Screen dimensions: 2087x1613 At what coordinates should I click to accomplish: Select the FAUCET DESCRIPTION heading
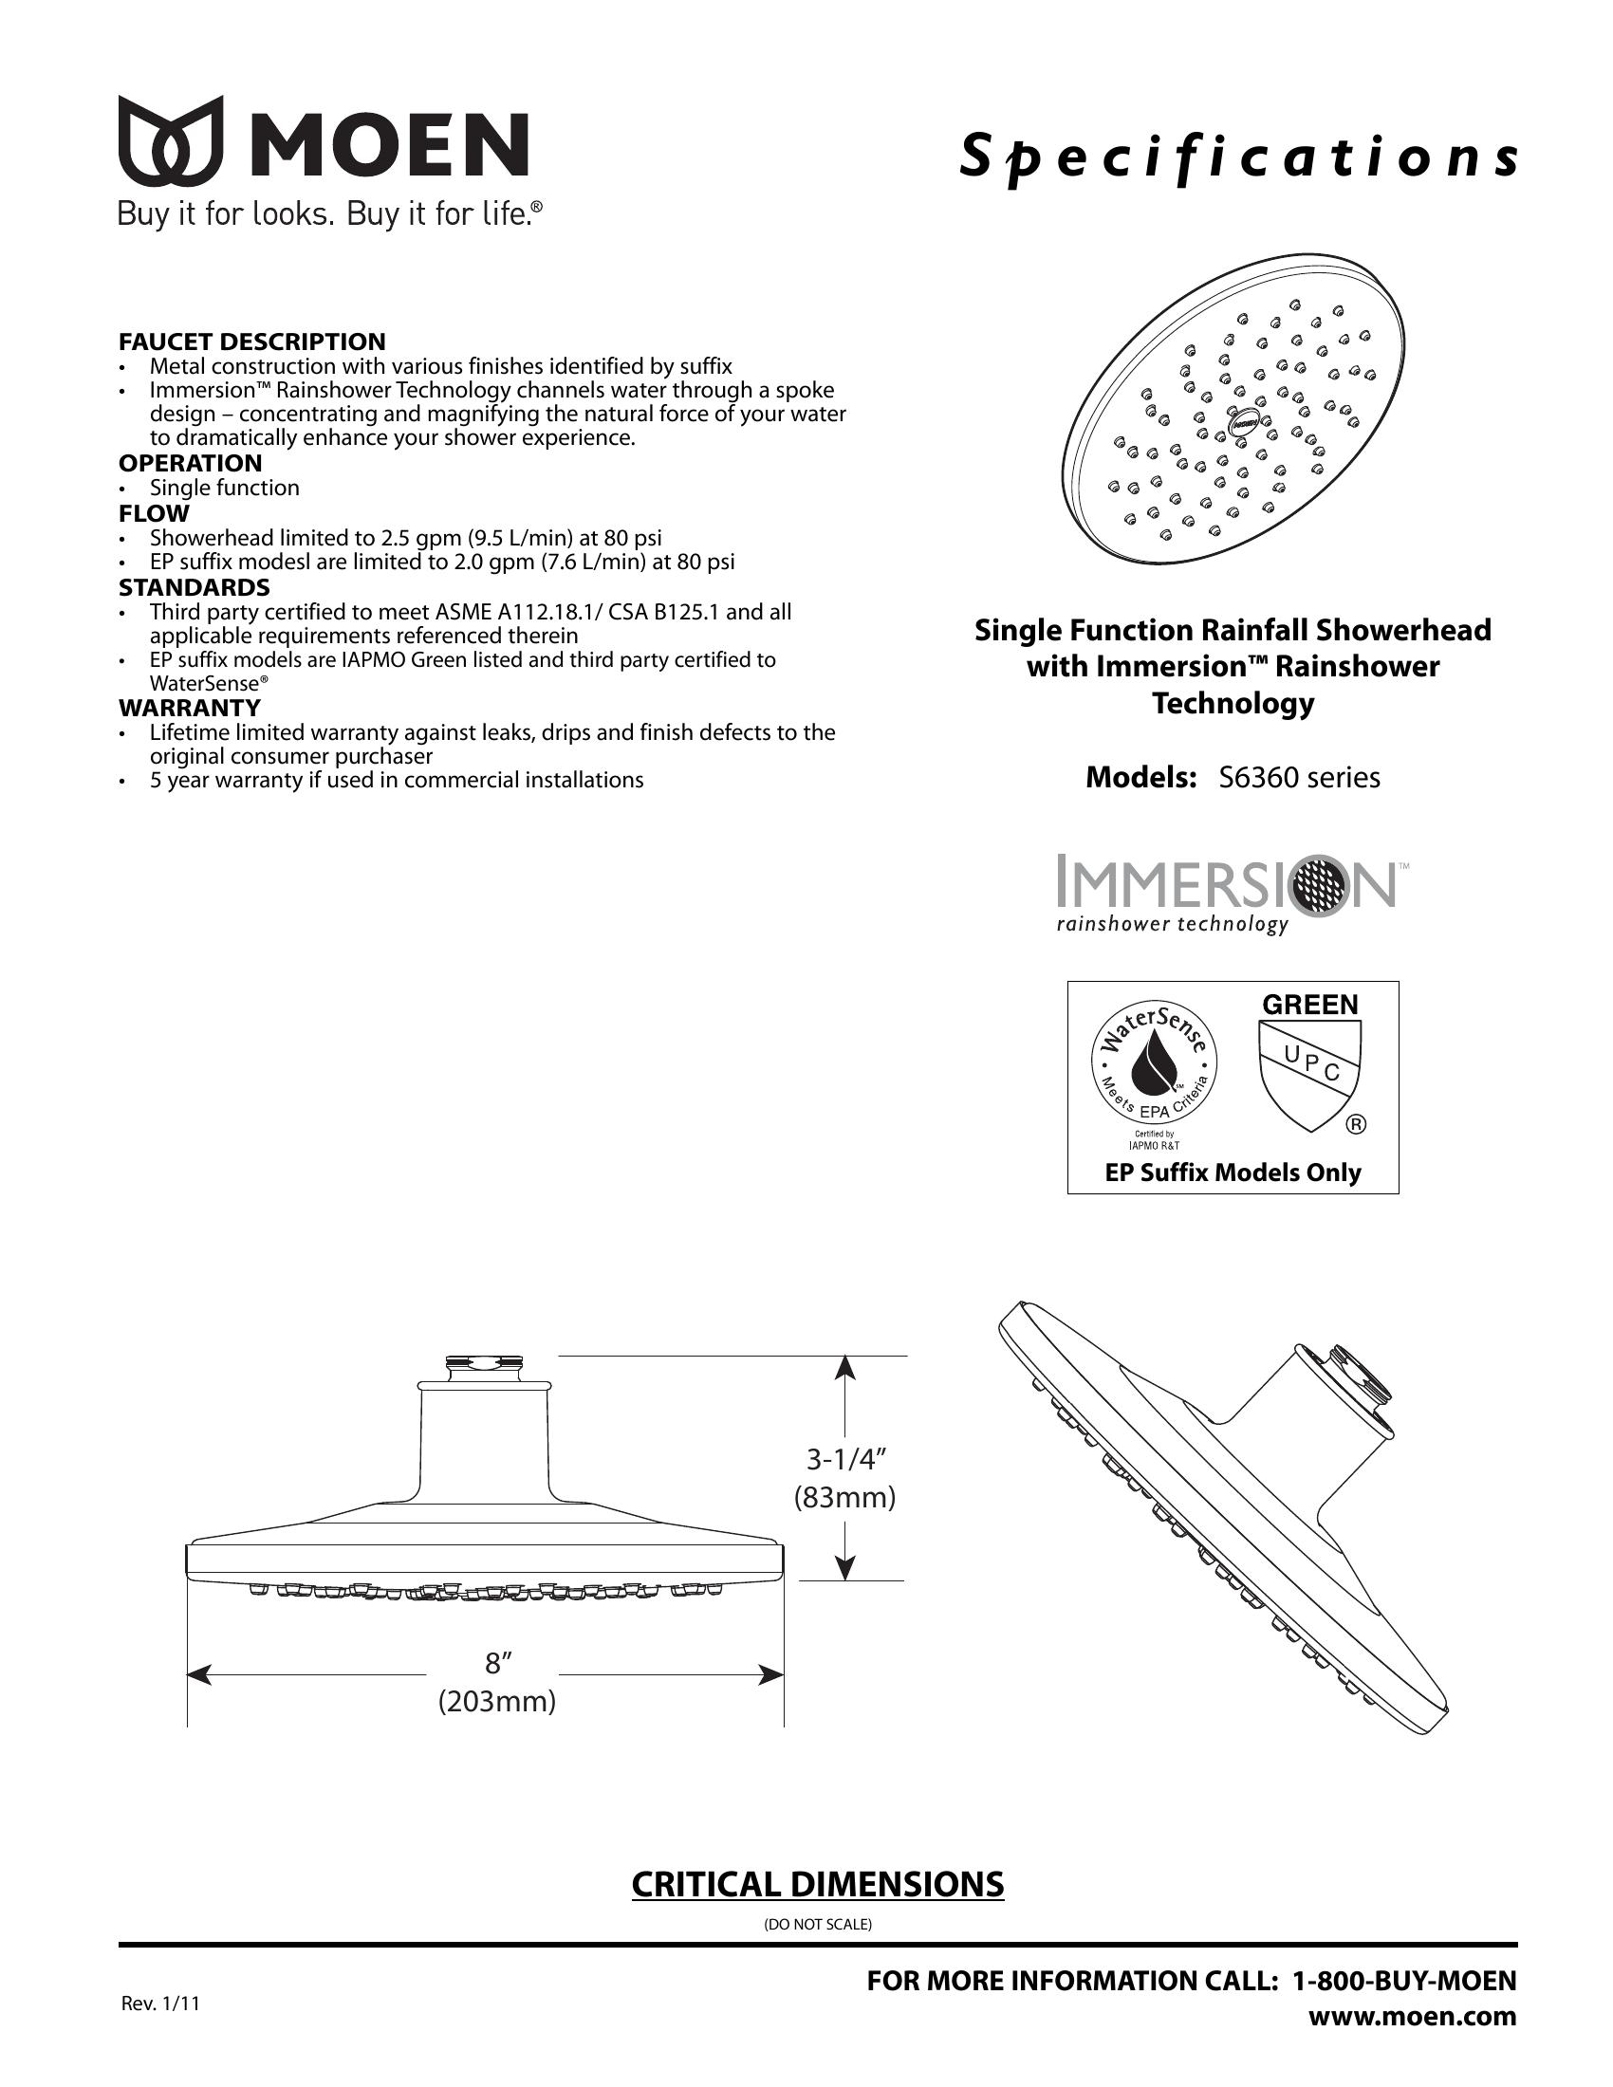click(x=252, y=342)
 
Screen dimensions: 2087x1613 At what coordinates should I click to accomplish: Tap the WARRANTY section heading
click(x=189, y=708)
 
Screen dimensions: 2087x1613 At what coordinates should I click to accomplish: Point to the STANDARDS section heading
click(x=194, y=586)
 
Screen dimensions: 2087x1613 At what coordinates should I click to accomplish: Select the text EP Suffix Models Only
click(x=1233, y=1173)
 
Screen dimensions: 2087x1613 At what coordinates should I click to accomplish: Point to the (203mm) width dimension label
click(x=497, y=1702)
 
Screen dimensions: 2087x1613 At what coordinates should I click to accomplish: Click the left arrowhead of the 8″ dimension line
click(x=198, y=1674)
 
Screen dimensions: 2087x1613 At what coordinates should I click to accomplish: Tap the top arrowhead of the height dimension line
click(x=844, y=1368)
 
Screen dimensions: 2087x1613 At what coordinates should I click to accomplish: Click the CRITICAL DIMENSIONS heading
click(x=818, y=1883)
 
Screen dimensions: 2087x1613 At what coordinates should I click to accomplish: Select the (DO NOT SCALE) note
click(x=818, y=1924)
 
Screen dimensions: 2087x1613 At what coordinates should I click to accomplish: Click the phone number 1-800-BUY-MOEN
click(x=1403, y=1981)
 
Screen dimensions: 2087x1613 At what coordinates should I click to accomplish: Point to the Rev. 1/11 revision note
click(x=160, y=2004)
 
